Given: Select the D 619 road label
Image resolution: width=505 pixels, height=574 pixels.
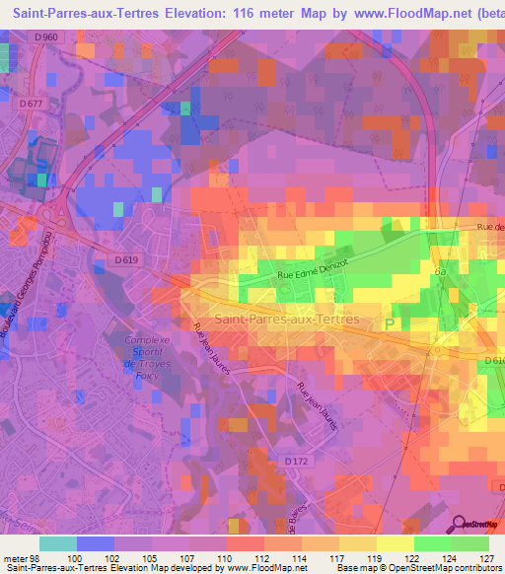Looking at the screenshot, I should pos(115,260).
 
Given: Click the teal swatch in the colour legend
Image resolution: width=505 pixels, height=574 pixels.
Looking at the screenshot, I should pos(58,542).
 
